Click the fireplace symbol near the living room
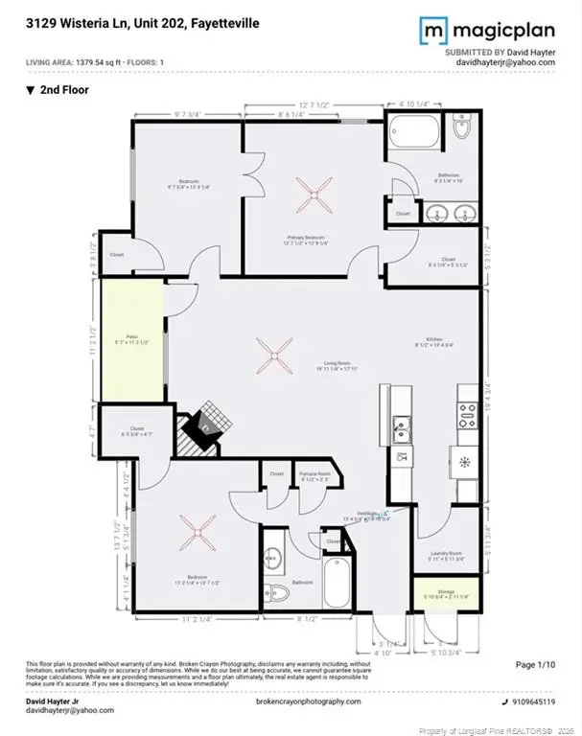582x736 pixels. click(203, 431)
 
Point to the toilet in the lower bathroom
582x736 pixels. click(273, 590)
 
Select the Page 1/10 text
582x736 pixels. click(537, 664)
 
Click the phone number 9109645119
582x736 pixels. click(533, 701)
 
